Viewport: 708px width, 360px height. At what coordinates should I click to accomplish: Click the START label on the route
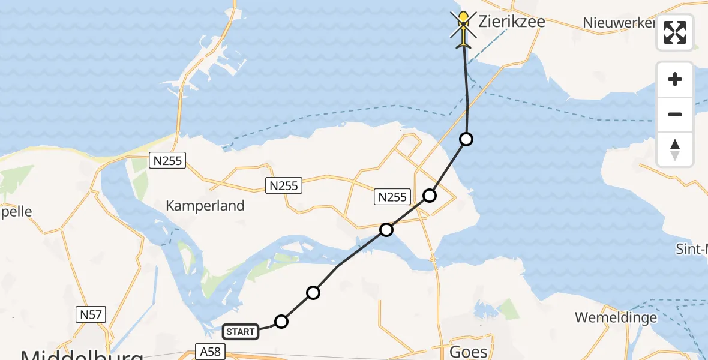[x=241, y=331]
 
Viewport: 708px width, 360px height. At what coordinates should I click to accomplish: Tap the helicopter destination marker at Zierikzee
[x=463, y=28]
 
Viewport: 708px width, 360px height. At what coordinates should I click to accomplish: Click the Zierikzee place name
[x=512, y=22]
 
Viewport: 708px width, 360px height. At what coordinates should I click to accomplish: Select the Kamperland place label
[x=205, y=206]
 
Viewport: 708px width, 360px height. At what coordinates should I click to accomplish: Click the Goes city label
[x=469, y=351]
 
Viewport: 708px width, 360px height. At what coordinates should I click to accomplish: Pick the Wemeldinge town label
[x=616, y=317]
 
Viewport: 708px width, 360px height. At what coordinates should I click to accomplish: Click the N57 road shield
[x=91, y=314]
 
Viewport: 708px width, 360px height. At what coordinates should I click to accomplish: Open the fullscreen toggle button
[x=675, y=32]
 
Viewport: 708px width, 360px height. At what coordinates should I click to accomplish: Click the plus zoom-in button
[x=675, y=79]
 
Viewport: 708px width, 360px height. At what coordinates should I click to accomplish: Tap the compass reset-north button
[x=675, y=149]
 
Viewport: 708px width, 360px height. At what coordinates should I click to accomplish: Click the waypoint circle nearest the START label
[x=281, y=322]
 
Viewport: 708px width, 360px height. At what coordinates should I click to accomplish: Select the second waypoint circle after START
[x=313, y=293]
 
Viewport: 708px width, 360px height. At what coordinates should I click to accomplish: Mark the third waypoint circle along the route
[x=386, y=230]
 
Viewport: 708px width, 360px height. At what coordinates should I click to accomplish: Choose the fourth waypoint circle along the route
[x=430, y=196]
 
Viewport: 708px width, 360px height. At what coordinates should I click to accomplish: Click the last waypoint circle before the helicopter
[x=466, y=139]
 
